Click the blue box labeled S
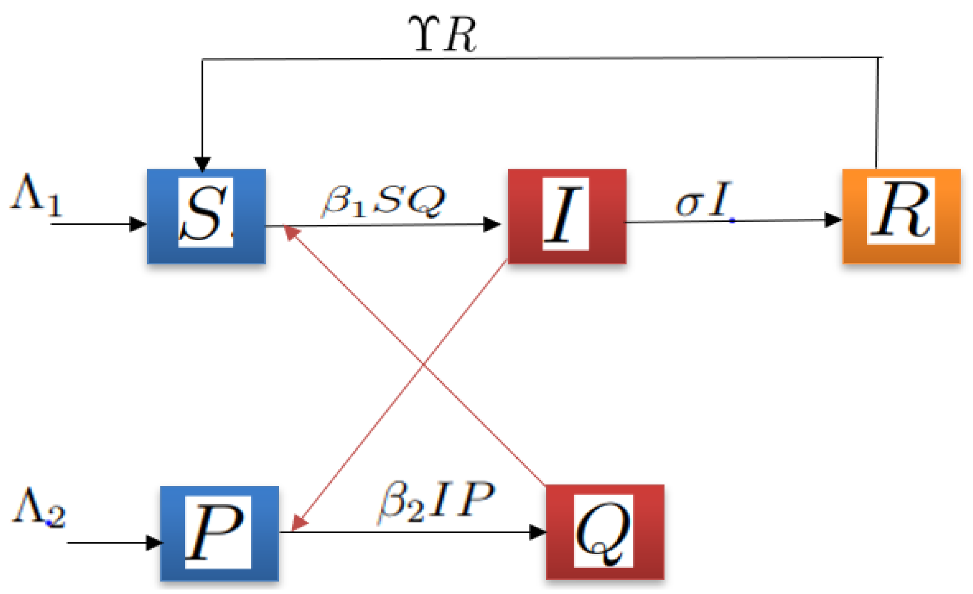click(206, 216)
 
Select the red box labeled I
click(567, 216)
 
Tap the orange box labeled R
click(901, 216)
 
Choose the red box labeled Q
click(605, 532)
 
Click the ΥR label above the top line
click(443, 35)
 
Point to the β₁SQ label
click(383, 201)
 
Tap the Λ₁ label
click(36, 196)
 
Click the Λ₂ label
click(39, 508)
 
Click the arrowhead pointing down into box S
click(202, 164)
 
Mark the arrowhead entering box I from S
click(492, 225)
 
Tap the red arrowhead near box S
click(291, 232)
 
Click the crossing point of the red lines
click(423, 364)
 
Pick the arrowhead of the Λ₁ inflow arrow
click(138, 224)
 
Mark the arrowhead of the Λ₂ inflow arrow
click(154, 543)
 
